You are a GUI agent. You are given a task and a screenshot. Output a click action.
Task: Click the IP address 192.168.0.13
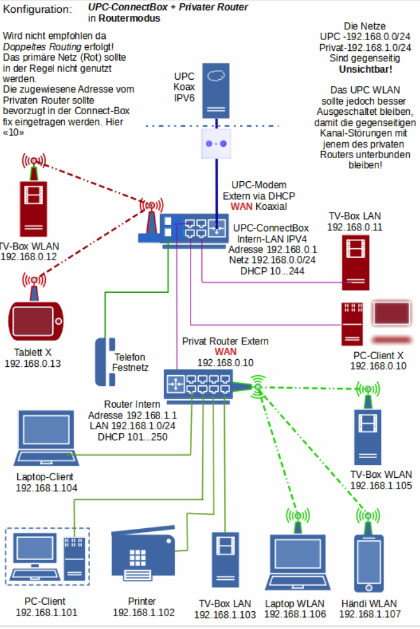coord(31,363)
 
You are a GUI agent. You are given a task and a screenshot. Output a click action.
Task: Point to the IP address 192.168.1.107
coord(370,614)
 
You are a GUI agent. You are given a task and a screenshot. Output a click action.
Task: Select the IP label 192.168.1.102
coord(143,612)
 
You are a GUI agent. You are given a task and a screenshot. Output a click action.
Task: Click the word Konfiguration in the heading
coord(38,10)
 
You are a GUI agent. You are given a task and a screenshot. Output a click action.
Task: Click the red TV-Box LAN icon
coord(356,261)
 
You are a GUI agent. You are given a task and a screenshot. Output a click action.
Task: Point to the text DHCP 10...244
coord(272,270)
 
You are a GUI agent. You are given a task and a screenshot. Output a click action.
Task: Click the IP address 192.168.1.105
coord(380,485)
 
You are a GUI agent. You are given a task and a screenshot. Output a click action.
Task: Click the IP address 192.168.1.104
coord(47,488)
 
